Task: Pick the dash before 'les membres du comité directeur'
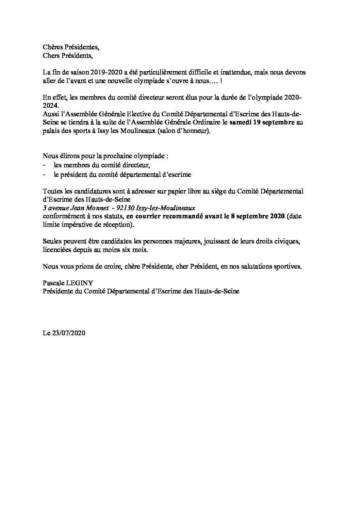[44, 166]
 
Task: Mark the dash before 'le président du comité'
[44, 174]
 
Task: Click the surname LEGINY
[81, 283]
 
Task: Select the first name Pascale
[54, 283]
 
